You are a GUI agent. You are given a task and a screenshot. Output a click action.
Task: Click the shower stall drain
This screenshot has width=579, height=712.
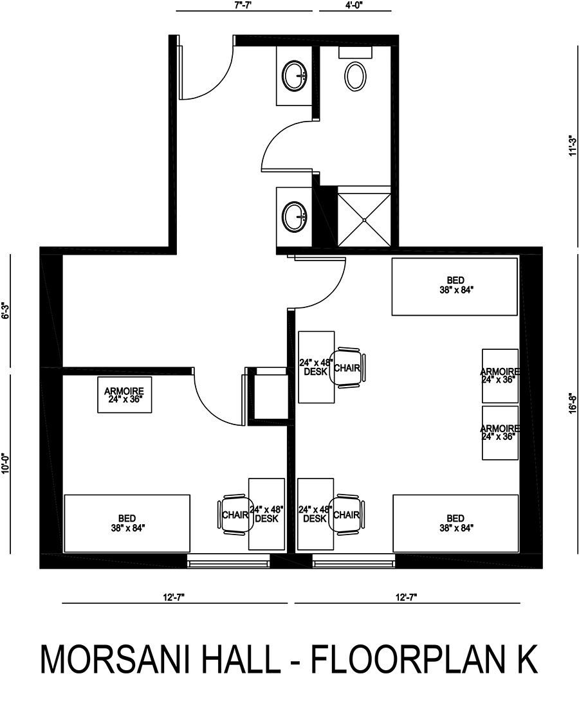363,220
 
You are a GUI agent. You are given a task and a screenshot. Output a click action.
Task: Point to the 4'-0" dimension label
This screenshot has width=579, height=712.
354,6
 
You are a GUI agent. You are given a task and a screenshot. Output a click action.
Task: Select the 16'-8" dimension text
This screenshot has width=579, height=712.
573,403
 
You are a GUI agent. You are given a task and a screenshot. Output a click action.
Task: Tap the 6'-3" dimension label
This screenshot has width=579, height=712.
6,311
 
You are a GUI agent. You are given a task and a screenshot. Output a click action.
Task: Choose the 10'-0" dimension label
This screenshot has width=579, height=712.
6,463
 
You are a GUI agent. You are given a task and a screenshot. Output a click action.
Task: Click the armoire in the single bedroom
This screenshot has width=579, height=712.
124,395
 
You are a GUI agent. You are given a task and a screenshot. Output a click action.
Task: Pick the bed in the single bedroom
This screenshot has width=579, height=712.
127,523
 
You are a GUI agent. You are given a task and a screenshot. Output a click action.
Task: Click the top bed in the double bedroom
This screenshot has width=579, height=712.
455,286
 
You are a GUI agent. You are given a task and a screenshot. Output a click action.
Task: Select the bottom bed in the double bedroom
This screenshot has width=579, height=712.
455,523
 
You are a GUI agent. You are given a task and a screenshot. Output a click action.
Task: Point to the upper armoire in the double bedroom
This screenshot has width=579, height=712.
500,376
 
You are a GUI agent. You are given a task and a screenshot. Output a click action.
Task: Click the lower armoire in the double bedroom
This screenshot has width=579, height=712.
500,433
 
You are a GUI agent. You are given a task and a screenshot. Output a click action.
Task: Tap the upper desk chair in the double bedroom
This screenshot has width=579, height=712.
348,368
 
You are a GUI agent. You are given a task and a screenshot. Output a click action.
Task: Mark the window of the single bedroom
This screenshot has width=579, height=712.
229,561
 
